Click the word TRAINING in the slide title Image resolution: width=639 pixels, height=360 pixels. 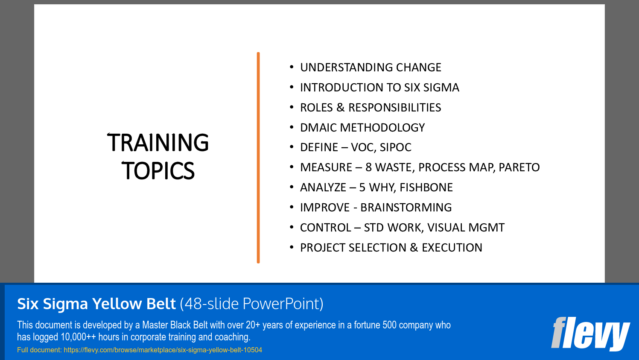158,143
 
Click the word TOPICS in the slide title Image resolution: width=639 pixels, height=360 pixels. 158,171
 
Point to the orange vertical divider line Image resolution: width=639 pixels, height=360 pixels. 258,158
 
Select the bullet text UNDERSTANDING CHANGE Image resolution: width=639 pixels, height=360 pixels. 371,67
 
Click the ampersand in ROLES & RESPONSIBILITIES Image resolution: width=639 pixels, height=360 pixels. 340,108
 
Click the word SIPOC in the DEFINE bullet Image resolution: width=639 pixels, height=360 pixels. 395,147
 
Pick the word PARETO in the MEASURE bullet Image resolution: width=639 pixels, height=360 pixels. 519,167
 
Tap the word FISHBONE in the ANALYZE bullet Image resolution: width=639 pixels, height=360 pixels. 426,187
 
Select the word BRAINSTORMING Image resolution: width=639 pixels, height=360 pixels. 406,208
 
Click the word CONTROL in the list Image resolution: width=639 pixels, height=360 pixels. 325,228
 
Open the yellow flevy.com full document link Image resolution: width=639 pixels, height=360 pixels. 163,350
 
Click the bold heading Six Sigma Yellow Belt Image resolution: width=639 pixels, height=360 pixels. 96,304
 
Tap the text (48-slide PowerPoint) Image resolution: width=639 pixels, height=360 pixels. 251,304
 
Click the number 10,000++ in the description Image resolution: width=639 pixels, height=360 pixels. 78,337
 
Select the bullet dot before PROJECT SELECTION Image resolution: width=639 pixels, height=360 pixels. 292,247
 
